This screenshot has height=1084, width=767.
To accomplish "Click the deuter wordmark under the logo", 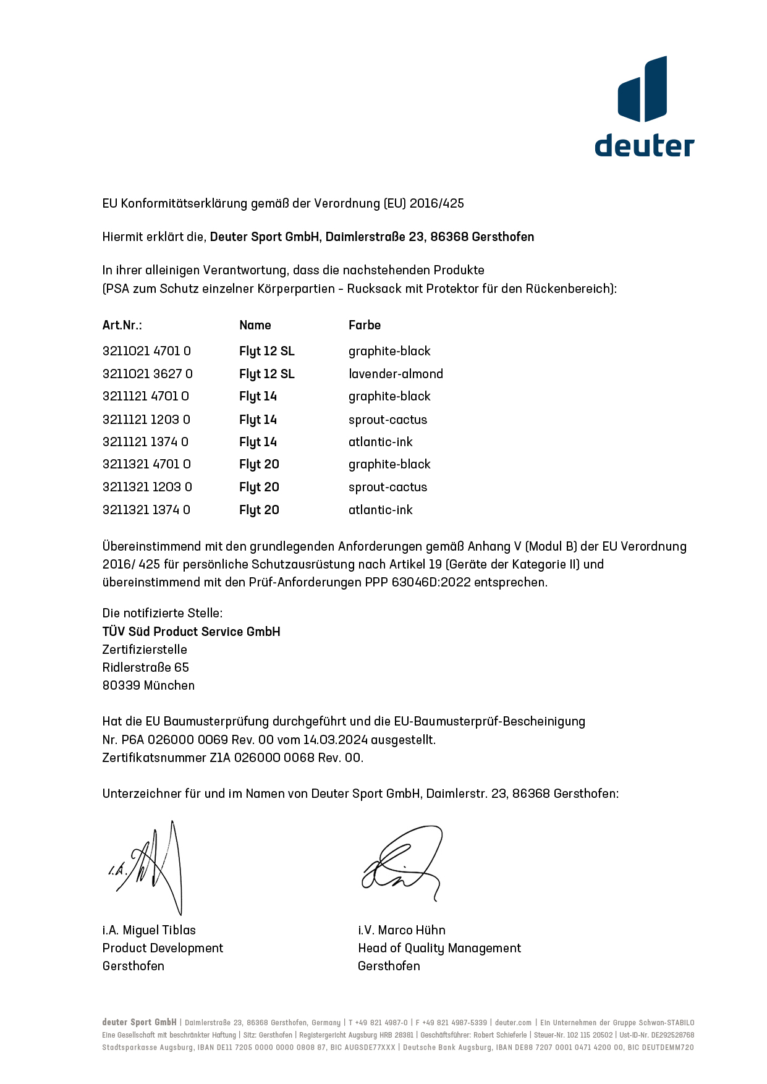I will click(644, 145).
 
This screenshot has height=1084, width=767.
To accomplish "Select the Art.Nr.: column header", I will click(122, 325).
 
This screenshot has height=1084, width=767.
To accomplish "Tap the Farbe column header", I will click(364, 325).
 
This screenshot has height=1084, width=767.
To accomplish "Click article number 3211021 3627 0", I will click(147, 374).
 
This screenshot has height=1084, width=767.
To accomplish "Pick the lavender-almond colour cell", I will click(396, 374).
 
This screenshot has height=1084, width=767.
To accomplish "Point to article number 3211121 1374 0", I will click(145, 442).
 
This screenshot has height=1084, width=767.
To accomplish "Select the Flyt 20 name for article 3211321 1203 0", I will click(259, 487).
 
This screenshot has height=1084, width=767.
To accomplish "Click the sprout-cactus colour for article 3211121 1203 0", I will click(388, 420).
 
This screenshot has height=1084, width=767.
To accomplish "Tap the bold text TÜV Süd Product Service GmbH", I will click(191, 632).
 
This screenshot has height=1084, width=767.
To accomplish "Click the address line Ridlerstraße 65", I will click(145, 667).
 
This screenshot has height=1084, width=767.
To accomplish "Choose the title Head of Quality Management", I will click(439, 948).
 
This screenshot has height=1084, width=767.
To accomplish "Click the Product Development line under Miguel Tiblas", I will click(163, 948).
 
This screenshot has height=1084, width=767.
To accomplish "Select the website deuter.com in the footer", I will click(513, 1023).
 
